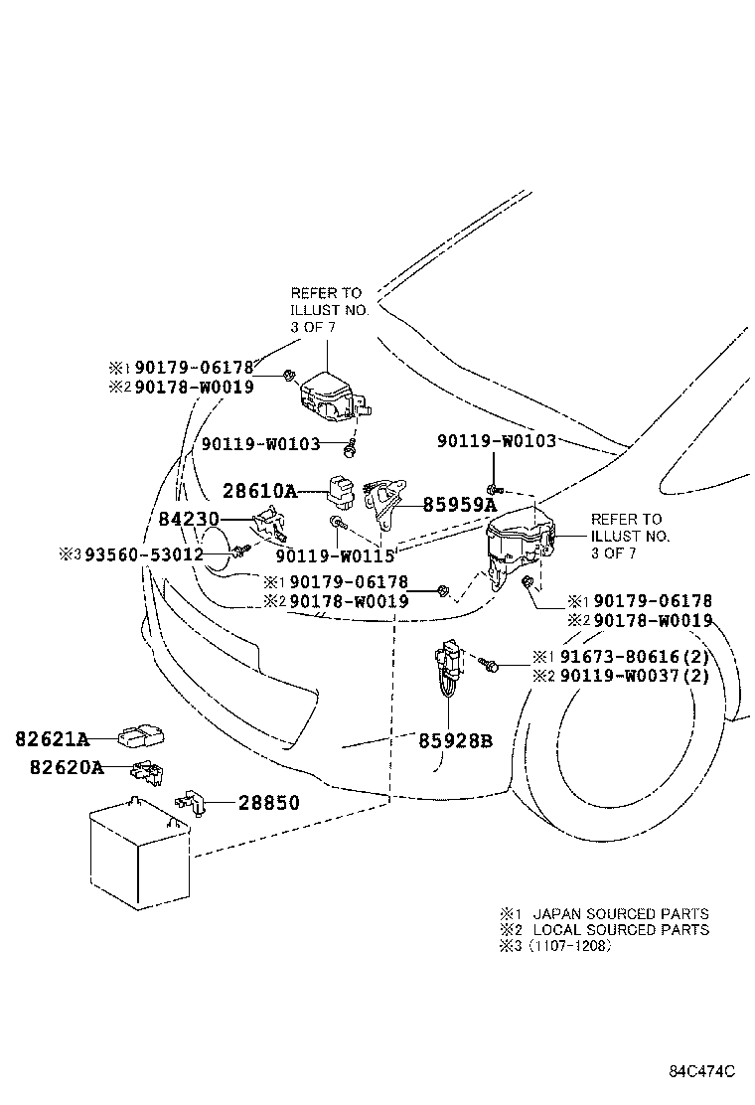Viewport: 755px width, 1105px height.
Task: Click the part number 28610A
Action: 259,491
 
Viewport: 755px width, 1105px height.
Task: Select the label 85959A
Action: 459,505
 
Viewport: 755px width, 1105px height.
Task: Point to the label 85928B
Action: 455,740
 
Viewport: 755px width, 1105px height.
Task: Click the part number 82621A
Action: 52,739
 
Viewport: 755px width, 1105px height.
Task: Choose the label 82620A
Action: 52,767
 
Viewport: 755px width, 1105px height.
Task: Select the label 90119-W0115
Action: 335,556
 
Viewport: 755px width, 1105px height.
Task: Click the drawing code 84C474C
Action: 701,1071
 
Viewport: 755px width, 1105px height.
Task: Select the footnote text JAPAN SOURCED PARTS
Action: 621,913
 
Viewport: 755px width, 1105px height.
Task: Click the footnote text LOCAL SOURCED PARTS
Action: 621,929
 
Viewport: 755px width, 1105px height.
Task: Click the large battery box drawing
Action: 138,857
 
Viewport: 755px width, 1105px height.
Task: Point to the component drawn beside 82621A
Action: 141,736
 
